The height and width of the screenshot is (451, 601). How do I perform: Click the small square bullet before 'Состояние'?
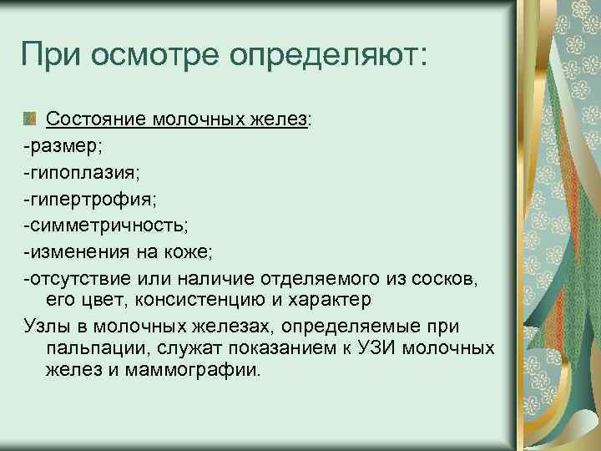pos(31,119)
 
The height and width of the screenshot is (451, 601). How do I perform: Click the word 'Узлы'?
pos(49,324)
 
